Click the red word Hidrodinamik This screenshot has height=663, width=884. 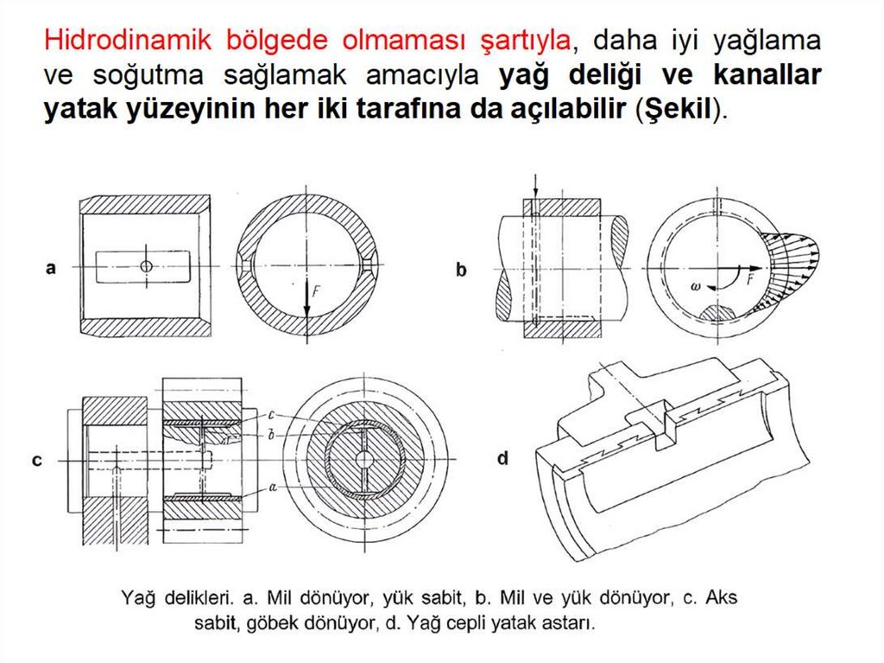click(128, 41)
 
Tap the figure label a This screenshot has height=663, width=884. click(51, 268)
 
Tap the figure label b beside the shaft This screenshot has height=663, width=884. click(461, 270)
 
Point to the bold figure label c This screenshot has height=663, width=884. click(37, 461)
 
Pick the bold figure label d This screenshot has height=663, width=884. click(503, 458)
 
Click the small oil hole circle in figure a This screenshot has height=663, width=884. click(147, 266)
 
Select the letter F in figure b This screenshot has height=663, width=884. click(750, 279)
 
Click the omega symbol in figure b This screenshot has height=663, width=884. click(695, 286)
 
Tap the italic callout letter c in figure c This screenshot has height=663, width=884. click(271, 416)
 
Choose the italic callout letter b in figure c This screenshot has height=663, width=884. click(271, 436)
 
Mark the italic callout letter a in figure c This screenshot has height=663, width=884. click(273, 486)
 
